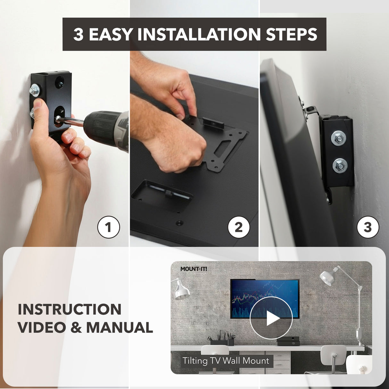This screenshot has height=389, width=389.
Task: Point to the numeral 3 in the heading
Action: click(78, 35)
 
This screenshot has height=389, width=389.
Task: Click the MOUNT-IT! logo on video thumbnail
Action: click(194, 269)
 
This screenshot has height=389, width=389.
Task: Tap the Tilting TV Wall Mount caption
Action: click(226, 361)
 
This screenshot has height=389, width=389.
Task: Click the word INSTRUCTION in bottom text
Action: click(70, 310)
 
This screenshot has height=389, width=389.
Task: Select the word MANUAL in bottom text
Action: click(120, 327)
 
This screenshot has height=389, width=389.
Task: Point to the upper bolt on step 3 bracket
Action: click(339, 138)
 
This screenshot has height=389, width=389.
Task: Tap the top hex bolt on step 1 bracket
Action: click(34, 90)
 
